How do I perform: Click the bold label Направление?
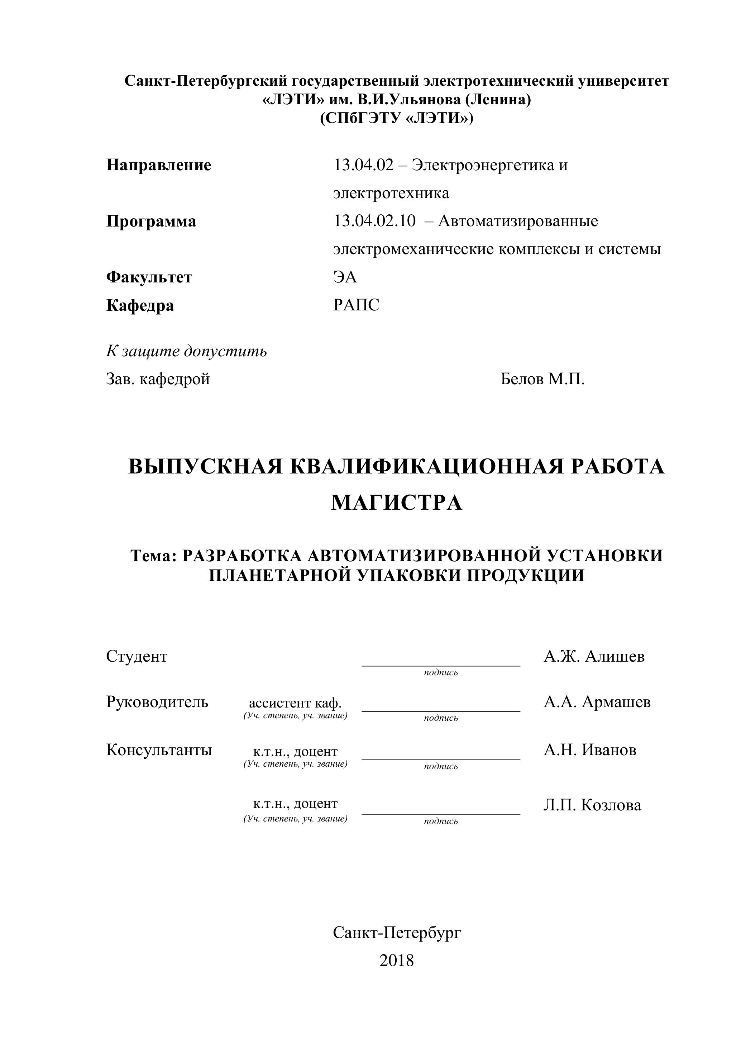coord(159,165)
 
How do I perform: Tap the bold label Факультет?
coord(149,277)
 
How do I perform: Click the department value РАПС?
coord(356,305)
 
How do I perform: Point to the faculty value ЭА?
coord(345,277)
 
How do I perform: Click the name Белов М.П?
coord(542,379)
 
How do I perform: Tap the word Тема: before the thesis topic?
coord(154,556)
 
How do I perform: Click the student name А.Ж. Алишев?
coord(594,656)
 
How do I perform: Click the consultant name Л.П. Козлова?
coord(592,805)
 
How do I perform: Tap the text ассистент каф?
coord(295,703)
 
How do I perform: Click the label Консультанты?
coord(159,749)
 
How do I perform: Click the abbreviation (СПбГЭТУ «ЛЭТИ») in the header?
coord(397,118)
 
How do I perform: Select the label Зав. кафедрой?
coord(158,379)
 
